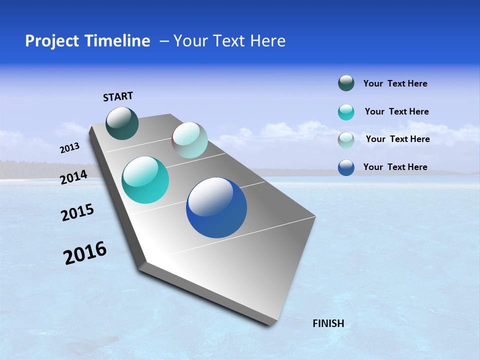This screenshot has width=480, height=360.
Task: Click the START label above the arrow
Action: (118, 96)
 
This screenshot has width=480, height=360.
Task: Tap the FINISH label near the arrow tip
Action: (328, 323)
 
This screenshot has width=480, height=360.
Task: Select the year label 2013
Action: (70, 148)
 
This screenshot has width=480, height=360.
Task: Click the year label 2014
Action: (74, 177)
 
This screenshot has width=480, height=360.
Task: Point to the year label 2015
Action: (77, 212)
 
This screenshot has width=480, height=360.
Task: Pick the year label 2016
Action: (85, 253)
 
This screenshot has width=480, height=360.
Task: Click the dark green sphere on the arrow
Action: (122, 123)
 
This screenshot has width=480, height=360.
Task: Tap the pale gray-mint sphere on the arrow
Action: (189, 140)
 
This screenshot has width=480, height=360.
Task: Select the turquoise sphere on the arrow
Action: (145, 180)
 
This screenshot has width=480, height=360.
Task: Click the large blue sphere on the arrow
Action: (216, 207)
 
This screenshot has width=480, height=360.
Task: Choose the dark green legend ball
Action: (346, 83)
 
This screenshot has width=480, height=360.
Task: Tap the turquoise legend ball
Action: (346, 112)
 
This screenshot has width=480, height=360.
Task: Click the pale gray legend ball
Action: (346, 139)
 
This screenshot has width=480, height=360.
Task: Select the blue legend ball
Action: (346, 167)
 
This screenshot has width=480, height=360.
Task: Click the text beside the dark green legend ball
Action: (395, 84)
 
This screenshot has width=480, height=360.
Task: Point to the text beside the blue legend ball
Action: (395, 167)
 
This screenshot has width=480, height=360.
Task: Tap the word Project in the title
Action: (50, 41)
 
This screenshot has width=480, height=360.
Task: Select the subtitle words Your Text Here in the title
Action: (229, 41)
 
